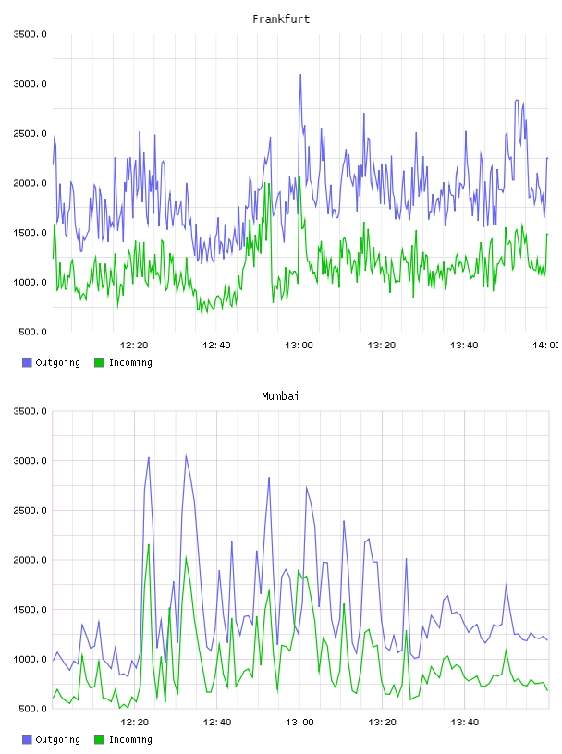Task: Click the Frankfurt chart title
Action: coord(281,19)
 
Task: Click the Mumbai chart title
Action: coord(280,396)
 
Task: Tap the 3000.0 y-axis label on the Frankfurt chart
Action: coord(30,84)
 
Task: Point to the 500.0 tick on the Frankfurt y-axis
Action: coord(32,332)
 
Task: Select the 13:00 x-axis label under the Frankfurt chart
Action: coord(299,345)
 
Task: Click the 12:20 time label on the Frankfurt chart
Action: coord(134,345)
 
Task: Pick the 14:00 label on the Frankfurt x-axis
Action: coord(546,345)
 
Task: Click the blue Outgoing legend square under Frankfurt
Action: coord(27,362)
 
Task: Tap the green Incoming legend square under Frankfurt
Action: coord(99,362)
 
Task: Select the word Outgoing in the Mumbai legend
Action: coord(57,739)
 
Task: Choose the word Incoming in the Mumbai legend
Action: coord(130,739)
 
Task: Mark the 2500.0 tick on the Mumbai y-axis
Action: coord(30,510)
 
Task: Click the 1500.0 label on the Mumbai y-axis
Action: coord(30,610)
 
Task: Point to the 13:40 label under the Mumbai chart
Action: coord(464,722)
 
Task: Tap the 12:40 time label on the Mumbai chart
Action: coord(217,722)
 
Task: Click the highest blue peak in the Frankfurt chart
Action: coord(300,75)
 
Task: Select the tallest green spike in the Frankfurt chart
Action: coord(299,176)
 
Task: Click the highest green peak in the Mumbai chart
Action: coord(149,544)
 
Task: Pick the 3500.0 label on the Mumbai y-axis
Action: coord(30,411)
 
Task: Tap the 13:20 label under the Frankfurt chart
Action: coord(382,345)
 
